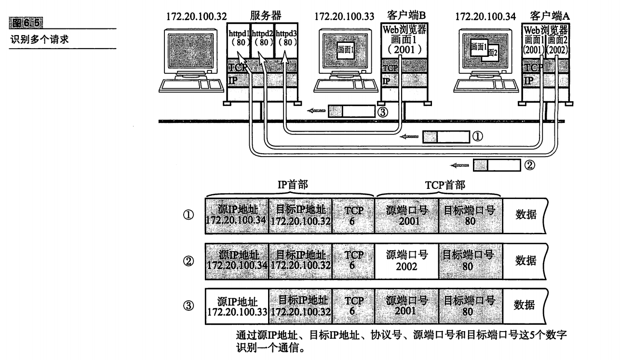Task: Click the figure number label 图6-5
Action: click(x=26, y=23)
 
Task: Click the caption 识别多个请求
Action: click(x=40, y=40)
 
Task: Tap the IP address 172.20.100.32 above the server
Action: click(x=196, y=16)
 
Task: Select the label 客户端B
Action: click(x=406, y=15)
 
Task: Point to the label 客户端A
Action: click(x=550, y=16)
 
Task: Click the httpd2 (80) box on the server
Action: click(x=262, y=40)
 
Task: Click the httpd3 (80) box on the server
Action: click(x=286, y=40)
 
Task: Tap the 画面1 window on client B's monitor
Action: click(x=346, y=50)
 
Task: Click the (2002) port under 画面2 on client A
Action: click(x=557, y=50)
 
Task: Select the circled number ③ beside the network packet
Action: click(x=383, y=112)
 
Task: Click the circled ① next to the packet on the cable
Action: click(x=477, y=136)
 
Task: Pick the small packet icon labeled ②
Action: click(x=497, y=165)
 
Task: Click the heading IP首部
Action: click(x=293, y=185)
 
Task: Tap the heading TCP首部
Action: click(x=445, y=185)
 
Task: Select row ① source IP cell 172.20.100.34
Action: click(x=237, y=216)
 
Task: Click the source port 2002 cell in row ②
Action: click(x=406, y=261)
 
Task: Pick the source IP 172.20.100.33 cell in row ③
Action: click(x=237, y=307)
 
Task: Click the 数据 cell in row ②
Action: click(x=525, y=261)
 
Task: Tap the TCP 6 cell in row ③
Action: click(x=353, y=307)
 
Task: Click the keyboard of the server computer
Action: click(x=191, y=85)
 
